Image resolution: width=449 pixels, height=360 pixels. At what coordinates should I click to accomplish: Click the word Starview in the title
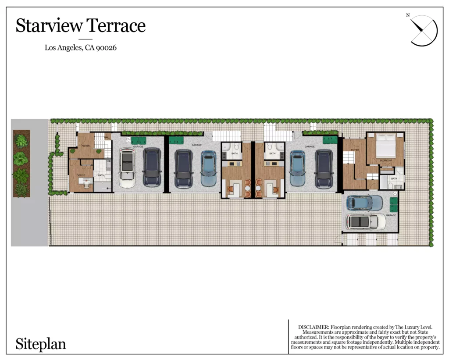click(x=48, y=26)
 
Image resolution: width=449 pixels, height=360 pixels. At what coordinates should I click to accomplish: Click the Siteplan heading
click(x=41, y=344)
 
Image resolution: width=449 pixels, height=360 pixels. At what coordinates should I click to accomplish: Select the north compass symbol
click(x=424, y=30)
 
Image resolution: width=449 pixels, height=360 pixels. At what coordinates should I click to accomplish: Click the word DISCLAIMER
click(x=313, y=327)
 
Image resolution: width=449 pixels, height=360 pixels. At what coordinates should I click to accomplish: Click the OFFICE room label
click(x=81, y=175)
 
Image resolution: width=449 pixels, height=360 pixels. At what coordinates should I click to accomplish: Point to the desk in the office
click(x=86, y=183)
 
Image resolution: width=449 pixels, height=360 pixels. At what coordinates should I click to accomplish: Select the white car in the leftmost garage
click(x=127, y=168)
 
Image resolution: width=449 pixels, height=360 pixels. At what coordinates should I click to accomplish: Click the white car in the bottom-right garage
click(x=365, y=221)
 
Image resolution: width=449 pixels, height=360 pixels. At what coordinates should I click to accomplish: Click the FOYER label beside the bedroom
click(x=354, y=150)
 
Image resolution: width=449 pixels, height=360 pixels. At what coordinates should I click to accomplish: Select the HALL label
click(x=107, y=138)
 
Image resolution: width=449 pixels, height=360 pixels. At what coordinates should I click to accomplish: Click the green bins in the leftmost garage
click(x=138, y=140)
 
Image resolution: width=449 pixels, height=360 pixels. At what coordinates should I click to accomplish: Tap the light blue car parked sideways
click(x=364, y=203)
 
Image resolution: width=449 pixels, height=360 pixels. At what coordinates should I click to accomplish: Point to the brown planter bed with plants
click(x=21, y=163)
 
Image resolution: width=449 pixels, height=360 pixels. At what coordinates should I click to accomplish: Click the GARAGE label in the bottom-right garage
click(x=391, y=215)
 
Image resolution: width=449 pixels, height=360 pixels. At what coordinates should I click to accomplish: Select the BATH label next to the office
click(x=101, y=175)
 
